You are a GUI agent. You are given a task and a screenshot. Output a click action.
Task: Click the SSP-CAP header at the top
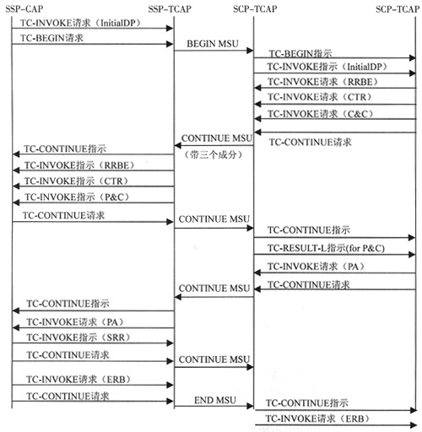coord(24,8)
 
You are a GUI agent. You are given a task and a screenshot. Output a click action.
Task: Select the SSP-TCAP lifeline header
coord(170,9)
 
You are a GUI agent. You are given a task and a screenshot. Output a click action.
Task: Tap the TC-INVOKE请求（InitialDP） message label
coord(80,23)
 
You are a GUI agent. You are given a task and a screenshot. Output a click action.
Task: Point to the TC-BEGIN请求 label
coord(51,38)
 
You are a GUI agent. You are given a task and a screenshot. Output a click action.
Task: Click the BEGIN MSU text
coord(213,44)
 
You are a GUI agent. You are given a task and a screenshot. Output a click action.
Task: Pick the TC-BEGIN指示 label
coord(300,53)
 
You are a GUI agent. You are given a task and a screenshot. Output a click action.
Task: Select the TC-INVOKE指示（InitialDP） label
coord(327,67)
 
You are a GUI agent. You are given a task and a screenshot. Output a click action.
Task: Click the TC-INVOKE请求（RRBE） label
coord(323,82)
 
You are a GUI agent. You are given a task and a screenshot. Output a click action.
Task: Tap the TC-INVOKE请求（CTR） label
coord(320,97)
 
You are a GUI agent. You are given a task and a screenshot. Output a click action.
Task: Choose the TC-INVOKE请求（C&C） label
coord(321,114)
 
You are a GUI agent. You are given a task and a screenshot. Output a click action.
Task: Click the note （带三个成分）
coord(214,154)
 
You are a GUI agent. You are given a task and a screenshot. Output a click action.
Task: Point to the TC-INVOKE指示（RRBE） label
coord(79,165)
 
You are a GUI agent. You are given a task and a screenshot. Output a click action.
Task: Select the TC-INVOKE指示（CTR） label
coord(77,181)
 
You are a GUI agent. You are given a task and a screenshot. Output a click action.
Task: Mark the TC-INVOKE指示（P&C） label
coord(78,197)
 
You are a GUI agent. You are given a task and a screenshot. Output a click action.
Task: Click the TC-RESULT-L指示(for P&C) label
coord(326,248)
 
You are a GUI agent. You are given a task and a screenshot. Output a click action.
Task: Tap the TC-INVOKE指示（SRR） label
coord(78,337)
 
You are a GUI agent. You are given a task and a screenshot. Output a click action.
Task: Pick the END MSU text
coord(215,400)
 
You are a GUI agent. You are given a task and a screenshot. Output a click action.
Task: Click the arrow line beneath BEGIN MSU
coord(214,51)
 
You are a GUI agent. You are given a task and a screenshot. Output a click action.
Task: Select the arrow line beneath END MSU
coord(214,406)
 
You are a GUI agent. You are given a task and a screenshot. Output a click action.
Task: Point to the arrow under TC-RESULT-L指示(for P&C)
coord(335,255)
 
